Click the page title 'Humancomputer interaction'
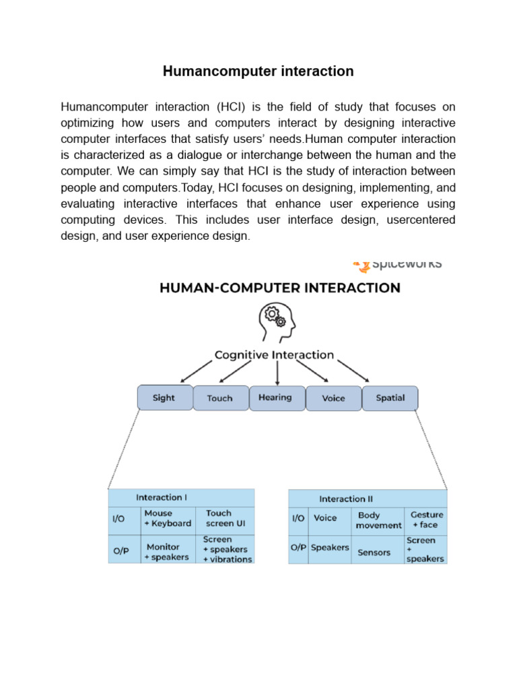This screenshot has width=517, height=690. (258, 71)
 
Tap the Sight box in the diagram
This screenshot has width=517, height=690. (164, 398)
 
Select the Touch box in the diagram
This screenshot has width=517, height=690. (220, 398)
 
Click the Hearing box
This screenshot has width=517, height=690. (275, 398)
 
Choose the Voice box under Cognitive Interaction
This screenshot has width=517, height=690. (333, 398)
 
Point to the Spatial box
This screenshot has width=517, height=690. (390, 398)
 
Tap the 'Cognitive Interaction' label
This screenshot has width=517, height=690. (274, 354)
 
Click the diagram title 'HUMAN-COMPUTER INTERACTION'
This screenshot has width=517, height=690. (279, 288)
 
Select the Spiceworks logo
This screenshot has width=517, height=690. (397, 263)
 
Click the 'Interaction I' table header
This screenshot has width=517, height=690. (162, 497)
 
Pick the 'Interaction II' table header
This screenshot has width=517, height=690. (346, 499)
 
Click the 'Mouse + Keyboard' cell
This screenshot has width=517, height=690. (168, 518)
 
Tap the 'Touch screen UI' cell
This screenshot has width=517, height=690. (220, 518)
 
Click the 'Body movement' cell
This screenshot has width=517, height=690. (378, 520)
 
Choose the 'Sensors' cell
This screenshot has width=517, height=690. (374, 553)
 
